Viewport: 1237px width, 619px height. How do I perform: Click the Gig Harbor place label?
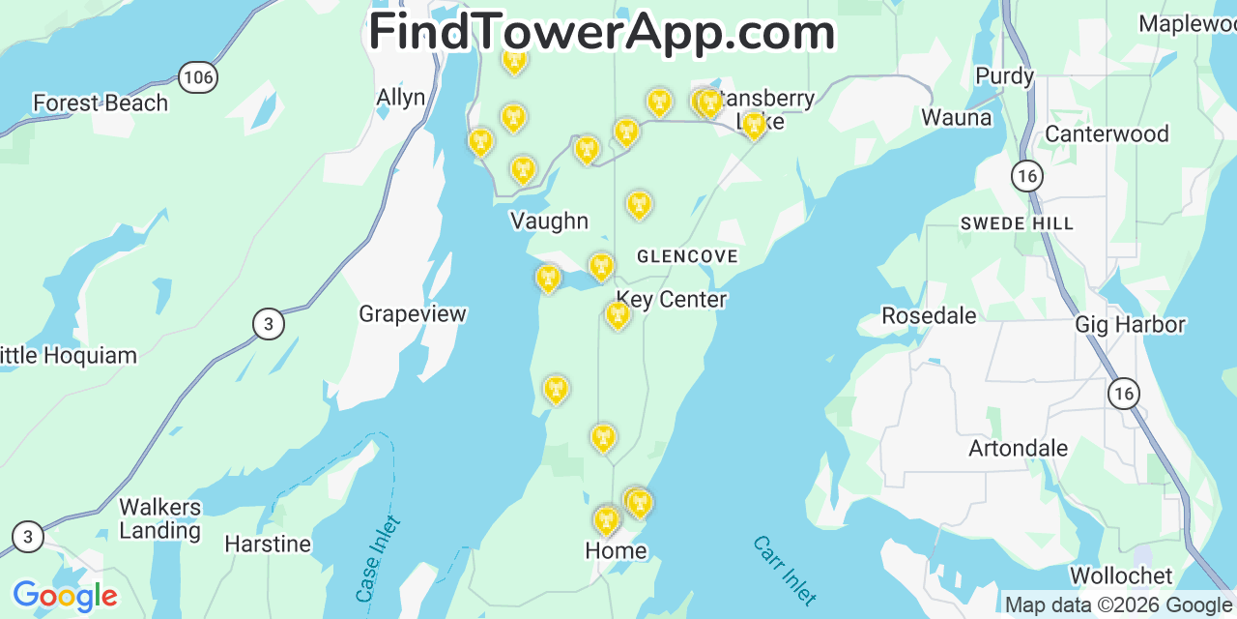click(x=1130, y=325)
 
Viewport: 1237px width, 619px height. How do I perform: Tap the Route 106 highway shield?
click(x=197, y=78)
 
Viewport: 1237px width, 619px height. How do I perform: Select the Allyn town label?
click(x=400, y=98)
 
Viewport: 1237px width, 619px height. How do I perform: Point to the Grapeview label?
click(x=413, y=314)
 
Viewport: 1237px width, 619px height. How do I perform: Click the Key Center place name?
click(x=672, y=300)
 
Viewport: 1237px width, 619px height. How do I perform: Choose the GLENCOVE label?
click(x=687, y=256)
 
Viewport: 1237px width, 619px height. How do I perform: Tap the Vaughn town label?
click(x=549, y=221)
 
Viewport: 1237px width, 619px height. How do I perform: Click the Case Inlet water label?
click(x=378, y=559)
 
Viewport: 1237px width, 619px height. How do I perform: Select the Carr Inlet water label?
click(x=785, y=571)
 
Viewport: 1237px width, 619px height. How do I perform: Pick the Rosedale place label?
click(x=929, y=316)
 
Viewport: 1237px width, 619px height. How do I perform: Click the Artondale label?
click(x=1018, y=449)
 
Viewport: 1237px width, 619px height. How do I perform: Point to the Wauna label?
click(x=957, y=118)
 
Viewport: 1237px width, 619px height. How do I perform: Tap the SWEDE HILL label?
click(x=1017, y=223)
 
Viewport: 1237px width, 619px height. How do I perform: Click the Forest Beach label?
click(x=101, y=103)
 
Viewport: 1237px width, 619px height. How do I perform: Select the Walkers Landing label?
click(x=160, y=518)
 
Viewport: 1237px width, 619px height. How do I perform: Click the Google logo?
click(x=65, y=596)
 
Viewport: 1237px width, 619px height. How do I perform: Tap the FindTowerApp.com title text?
click(x=602, y=32)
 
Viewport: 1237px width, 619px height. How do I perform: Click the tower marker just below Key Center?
click(x=618, y=314)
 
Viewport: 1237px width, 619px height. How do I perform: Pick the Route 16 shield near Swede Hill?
click(x=1027, y=175)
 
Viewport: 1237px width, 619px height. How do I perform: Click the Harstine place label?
click(x=268, y=545)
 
